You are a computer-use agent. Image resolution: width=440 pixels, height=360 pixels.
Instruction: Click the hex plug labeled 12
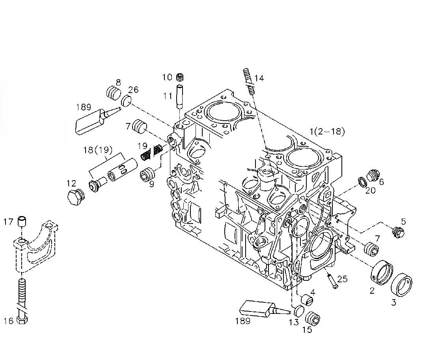tap(75, 197)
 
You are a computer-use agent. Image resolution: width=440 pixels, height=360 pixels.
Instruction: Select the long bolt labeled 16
tap(22, 300)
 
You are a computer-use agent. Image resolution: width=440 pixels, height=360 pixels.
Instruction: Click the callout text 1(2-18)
tap(327, 132)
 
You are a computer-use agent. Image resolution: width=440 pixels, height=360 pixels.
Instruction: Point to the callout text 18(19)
tap(98, 150)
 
